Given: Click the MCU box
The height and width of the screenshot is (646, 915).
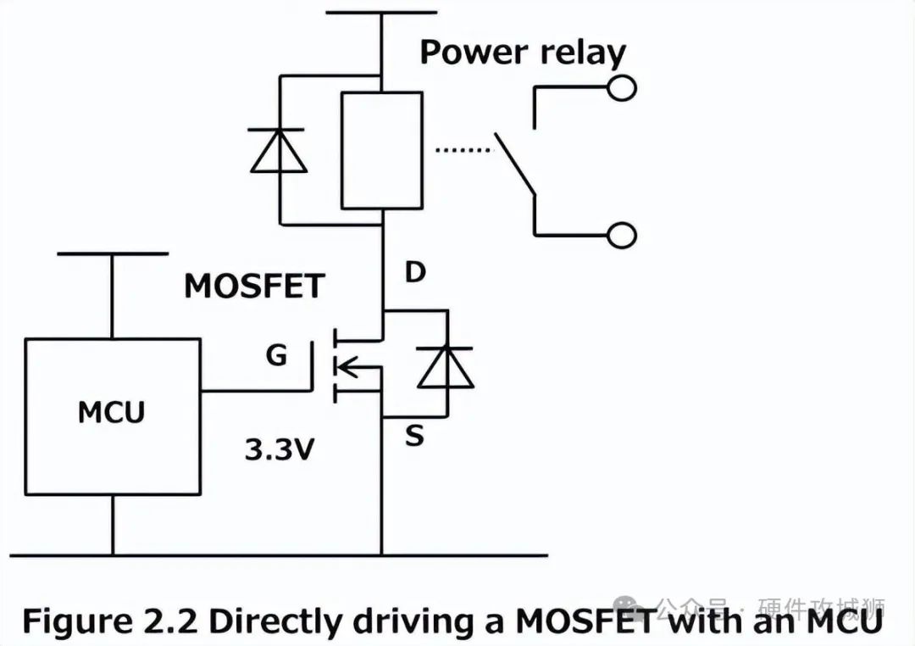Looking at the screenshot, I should pos(112,416).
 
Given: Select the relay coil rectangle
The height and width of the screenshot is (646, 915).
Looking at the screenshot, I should pos(381,150).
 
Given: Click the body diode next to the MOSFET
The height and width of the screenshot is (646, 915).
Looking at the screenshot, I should pos(446,366).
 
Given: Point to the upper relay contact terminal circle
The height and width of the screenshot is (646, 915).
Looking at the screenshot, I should pos(622,87).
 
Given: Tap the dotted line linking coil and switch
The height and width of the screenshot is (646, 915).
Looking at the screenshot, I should pos(463,150).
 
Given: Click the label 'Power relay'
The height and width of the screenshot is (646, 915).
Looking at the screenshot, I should pos(523,53).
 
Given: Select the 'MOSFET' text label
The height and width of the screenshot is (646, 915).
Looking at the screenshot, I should pos(254,287).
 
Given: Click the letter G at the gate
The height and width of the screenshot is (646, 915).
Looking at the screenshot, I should pos(277,355).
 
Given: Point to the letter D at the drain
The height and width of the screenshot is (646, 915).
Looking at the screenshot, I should pos(414,274).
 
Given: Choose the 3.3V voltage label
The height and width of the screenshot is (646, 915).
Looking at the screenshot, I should pos(279,450).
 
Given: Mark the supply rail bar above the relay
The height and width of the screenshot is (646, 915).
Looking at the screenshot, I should pos(381,12).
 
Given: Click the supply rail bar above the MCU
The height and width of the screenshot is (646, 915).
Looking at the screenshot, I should pos(112,253).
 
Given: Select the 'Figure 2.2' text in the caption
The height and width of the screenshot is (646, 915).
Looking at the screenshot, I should pos(109,621).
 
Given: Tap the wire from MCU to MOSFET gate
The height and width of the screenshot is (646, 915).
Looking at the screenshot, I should pos(254,392).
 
